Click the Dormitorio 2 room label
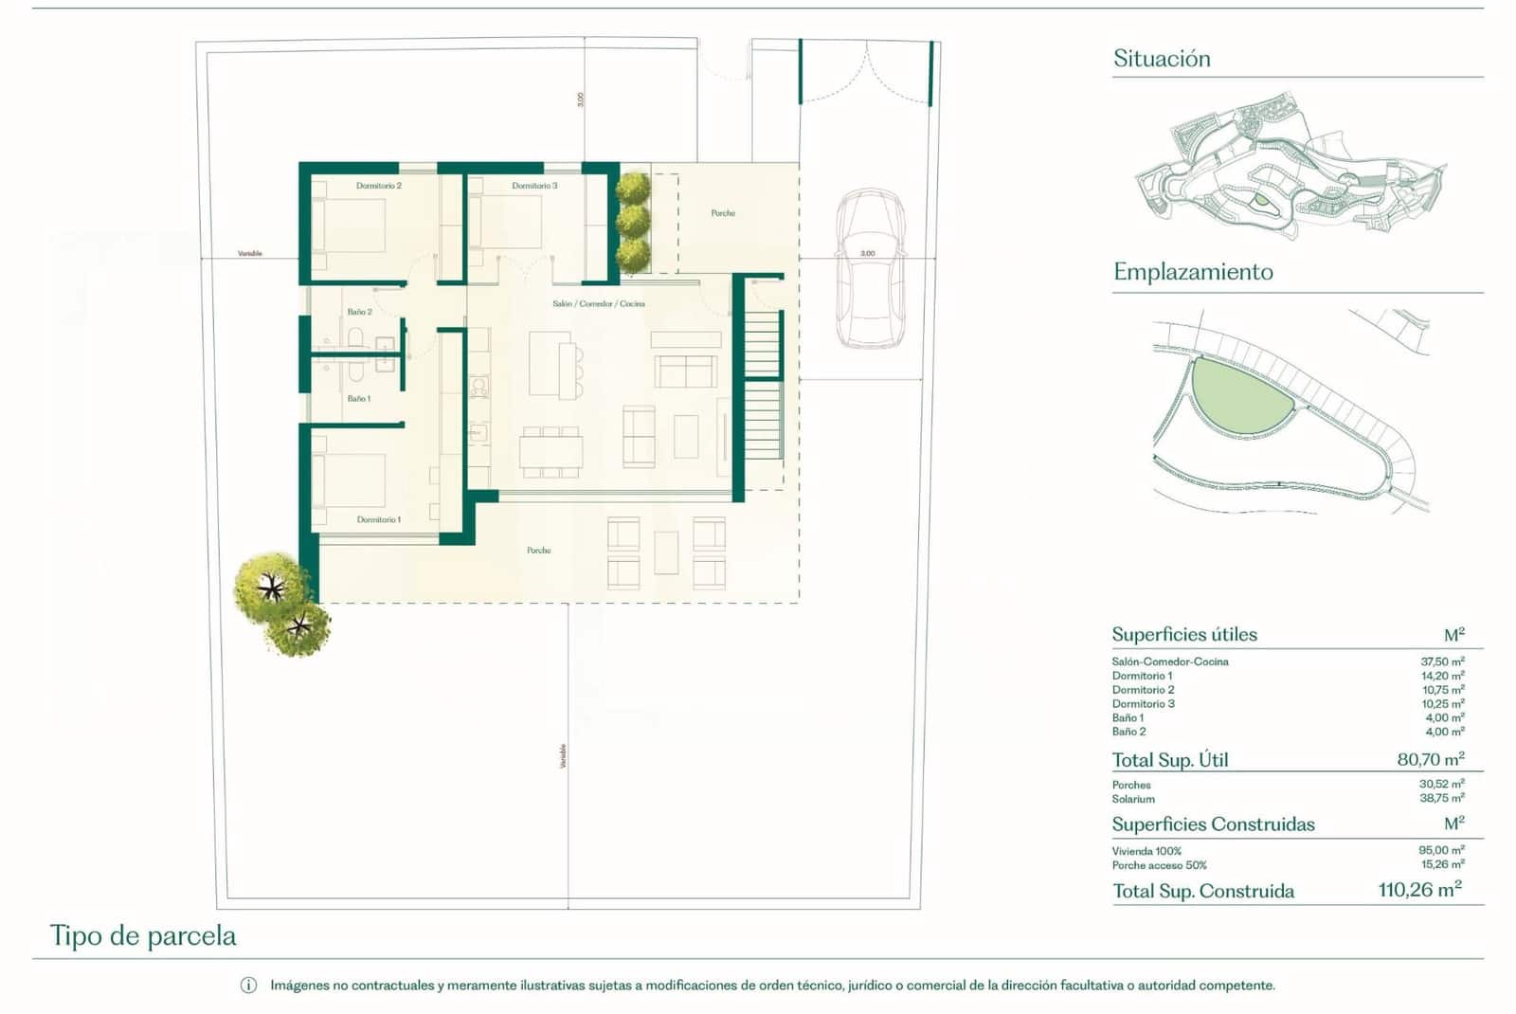(x=378, y=186)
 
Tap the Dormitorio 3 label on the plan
(x=534, y=186)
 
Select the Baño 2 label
(x=359, y=312)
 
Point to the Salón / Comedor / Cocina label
(x=598, y=304)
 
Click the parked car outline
(x=869, y=269)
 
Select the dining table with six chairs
(x=550, y=452)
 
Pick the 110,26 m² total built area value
(x=1418, y=890)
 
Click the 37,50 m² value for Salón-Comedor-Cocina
(x=1441, y=661)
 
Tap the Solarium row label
(x=1133, y=799)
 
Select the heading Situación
(x=1162, y=59)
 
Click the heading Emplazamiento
(x=1193, y=272)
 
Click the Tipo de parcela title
(x=143, y=936)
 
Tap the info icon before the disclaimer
(x=248, y=986)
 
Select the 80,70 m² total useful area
(x=1430, y=759)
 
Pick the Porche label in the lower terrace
(x=538, y=551)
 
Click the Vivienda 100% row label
(x=1146, y=851)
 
